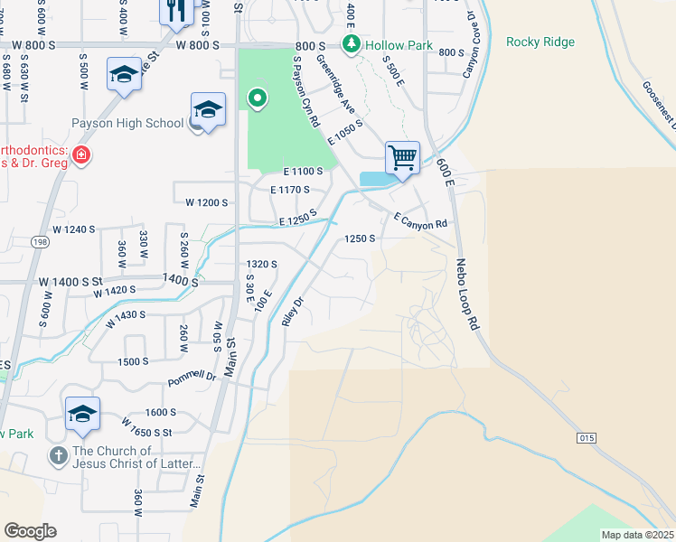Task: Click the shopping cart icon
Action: (x=402, y=157)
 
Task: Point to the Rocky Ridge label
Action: (x=540, y=42)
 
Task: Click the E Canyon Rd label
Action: (x=420, y=220)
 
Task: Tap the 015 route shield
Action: (x=587, y=438)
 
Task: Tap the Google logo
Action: (x=30, y=531)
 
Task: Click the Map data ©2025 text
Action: (x=637, y=535)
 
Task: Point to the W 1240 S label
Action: (x=74, y=229)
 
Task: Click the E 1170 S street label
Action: (x=290, y=190)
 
